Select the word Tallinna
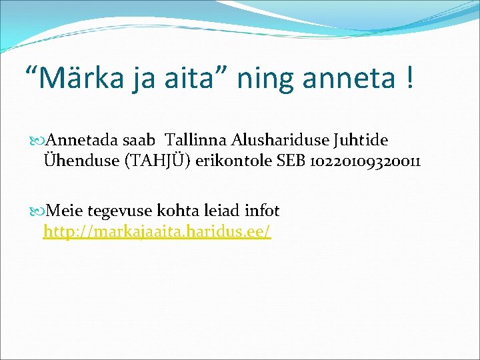coord(196,141)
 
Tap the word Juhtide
coord(356,141)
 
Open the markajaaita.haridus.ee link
coord(157,232)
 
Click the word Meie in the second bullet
coord(65,211)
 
